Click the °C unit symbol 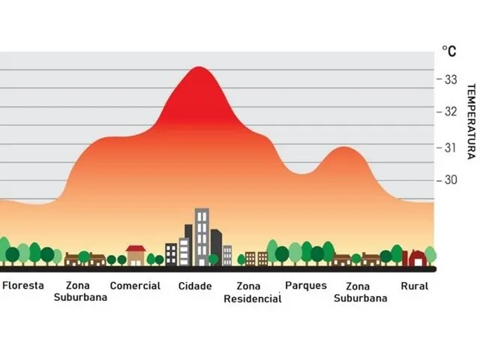[x=448, y=51]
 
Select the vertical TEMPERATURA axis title [x=470, y=120]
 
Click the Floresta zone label [x=23, y=286]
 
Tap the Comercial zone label [x=135, y=286]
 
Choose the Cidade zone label [x=195, y=286]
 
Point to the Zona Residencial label [x=253, y=292]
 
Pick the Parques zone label [x=306, y=286]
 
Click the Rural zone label [x=415, y=286]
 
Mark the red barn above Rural [x=415, y=258]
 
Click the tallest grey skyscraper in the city [x=202, y=236]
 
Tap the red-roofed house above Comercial [x=136, y=254]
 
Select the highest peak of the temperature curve [x=199, y=68]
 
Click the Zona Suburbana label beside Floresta [x=80, y=292]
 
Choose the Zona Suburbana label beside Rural [x=360, y=292]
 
